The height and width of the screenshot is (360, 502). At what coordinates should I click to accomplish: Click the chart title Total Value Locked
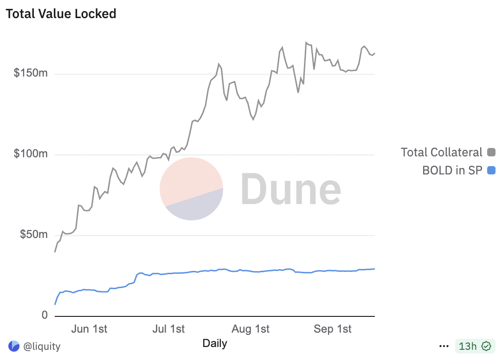(x=61, y=14)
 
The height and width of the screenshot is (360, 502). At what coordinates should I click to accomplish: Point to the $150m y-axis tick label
(x=31, y=74)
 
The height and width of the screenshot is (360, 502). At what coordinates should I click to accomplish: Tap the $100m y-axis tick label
(x=31, y=154)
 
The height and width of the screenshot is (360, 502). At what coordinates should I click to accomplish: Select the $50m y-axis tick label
(x=33, y=235)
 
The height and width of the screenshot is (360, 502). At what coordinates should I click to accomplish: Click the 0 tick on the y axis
(x=45, y=315)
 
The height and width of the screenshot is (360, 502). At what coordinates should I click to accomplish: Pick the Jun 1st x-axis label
(x=89, y=329)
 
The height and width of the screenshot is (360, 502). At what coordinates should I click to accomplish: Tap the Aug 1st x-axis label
(x=251, y=329)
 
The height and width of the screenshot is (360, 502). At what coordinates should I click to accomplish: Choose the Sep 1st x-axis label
(x=333, y=329)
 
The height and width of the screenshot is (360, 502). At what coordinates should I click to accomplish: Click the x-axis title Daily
(x=215, y=343)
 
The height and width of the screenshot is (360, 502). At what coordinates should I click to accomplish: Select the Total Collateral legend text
(x=441, y=152)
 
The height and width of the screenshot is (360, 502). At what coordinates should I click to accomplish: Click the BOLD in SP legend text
(x=452, y=170)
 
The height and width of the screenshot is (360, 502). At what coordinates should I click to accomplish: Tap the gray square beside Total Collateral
(x=491, y=152)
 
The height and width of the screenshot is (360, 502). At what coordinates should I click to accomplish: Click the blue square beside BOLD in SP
(x=491, y=170)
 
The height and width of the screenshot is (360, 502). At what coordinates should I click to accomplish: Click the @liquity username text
(x=42, y=346)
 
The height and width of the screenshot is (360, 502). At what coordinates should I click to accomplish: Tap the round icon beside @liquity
(x=14, y=346)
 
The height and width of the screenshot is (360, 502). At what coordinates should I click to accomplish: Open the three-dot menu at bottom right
(x=444, y=346)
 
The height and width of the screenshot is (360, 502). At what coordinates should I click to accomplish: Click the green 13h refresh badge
(x=473, y=346)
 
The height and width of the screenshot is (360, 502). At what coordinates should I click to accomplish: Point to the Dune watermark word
(x=291, y=189)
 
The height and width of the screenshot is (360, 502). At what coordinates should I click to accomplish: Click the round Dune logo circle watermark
(x=191, y=188)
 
